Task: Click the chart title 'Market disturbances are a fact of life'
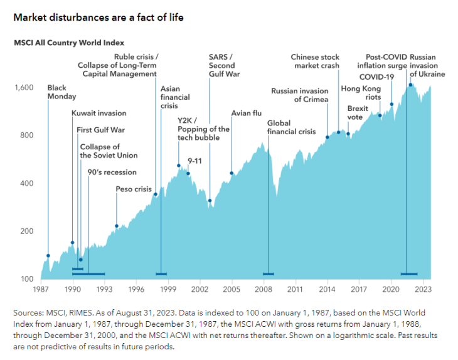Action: tap(98, 17)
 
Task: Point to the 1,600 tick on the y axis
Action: tap(24, 88)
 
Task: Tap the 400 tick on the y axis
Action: tap(27, 184)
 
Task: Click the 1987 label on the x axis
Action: tap(41, 290)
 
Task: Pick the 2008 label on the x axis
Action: tap(263, 290)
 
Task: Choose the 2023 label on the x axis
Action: tap(422, 290)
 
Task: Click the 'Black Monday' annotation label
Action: tap(61, 93)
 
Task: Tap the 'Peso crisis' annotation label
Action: tap(134, 189)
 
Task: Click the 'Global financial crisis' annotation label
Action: tap(291, 127)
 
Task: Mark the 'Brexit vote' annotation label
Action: tap(358, 113)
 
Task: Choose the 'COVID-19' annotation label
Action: tap(376, 77)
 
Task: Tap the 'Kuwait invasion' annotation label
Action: tap(99, 114)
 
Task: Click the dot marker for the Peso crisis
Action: tap(117, 226)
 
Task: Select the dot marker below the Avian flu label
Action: tap(232, 173)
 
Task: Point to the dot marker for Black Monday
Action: tap(48, 256)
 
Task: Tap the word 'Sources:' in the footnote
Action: tap(28, 312)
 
